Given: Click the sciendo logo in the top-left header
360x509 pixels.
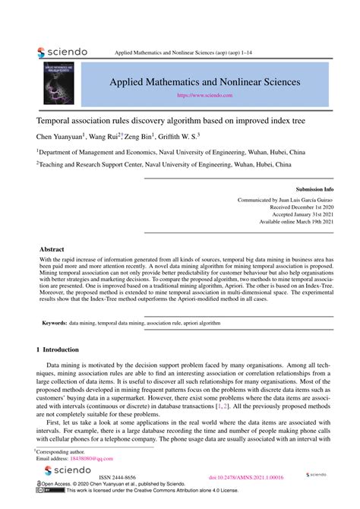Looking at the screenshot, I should point(62,52).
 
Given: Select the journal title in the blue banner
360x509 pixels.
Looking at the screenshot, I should point(204,81).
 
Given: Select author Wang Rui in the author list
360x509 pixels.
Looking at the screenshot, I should point(102,137).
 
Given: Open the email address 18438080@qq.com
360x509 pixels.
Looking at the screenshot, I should point(92,459).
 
